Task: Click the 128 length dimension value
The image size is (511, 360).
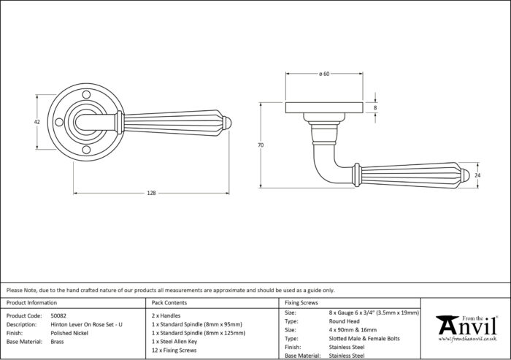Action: pos(152,193)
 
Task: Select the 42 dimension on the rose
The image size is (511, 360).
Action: pos(37,122)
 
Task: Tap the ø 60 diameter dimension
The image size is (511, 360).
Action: pos(324,74)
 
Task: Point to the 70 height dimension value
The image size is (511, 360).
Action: pos(261,145)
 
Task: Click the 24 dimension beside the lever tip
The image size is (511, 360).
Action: pos(477,175)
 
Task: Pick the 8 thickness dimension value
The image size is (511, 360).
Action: pos(375,107)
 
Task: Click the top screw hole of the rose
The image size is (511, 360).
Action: pos(86,95)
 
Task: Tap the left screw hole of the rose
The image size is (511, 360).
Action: pos(59,122)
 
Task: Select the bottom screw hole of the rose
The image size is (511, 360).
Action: pos(86,150)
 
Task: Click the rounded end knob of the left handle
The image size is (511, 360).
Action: pos(227,122)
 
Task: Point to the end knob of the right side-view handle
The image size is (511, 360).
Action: pos(465,175)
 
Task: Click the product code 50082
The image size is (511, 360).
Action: pos(58,315)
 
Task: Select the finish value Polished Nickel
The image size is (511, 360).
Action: pos(69,333)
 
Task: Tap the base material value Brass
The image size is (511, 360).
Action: pos(58,342)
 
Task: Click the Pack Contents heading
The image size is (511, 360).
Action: pos(169,302)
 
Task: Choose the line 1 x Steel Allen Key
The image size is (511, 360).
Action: pos(174,342)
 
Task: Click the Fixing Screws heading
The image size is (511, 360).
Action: pos(301,302)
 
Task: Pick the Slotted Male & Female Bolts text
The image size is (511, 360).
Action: pos(364,339)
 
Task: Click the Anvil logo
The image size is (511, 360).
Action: pos(466,329)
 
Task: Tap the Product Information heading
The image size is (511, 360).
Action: pos(31,302)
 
